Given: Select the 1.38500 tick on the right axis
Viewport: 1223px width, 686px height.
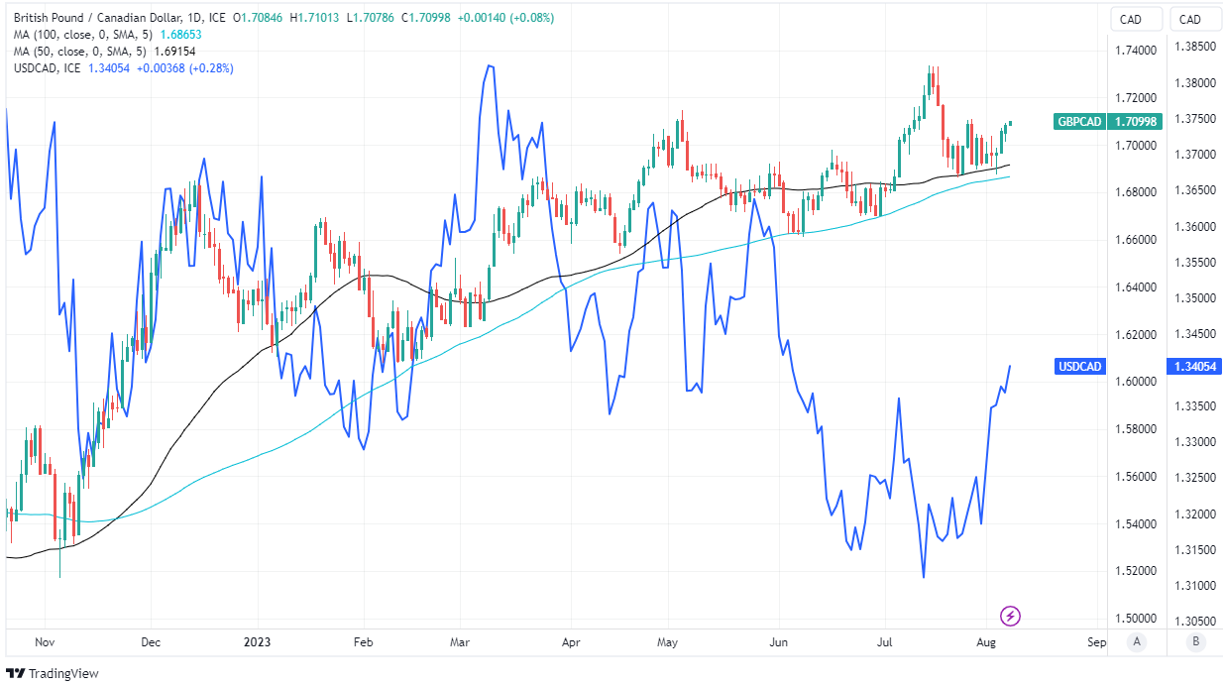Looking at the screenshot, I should click(x=1194, y=47).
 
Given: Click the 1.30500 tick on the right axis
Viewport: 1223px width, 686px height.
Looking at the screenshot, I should click(x=1194, y=622).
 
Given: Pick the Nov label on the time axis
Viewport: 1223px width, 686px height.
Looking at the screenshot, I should click(x=43, y=642).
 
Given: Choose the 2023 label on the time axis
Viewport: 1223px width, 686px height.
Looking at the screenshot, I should click(x=257, y=642).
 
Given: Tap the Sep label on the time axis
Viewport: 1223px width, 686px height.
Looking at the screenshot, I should click(x=1095, y=642).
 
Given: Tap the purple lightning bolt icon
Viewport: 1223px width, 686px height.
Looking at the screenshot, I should click(x=1011, y=617).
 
